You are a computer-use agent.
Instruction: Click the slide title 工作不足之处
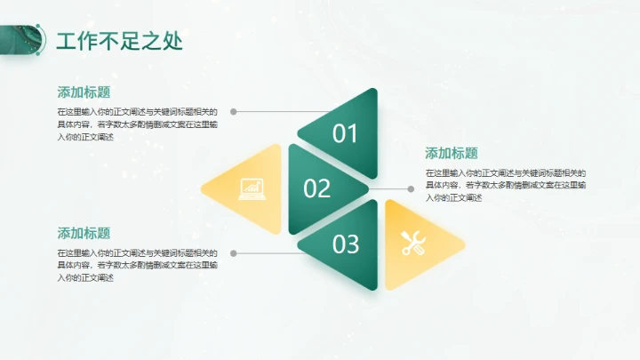click(x=119, y=42)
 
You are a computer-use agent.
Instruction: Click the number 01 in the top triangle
click(x=345, y=133)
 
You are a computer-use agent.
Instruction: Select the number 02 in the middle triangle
click(x=316, y=188)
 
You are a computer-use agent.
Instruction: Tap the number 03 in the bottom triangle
click(x=345, y=243)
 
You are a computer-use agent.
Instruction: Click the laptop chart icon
click(x=252, y=188)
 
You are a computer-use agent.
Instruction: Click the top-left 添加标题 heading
click(x=84, y=92)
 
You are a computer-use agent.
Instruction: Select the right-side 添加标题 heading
click(x=452, y=153)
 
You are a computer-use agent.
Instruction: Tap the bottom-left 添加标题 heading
click(x=84, y=233)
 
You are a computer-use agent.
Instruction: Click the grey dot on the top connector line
click(x=233, y=112)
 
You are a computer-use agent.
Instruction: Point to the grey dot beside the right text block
click(x=411, y=188)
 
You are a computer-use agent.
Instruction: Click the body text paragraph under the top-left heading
click(x=137, y=124)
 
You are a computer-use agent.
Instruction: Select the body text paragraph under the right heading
click(x=505, y=185)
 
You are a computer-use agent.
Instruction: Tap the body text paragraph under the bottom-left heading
click(x=137, y=265)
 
